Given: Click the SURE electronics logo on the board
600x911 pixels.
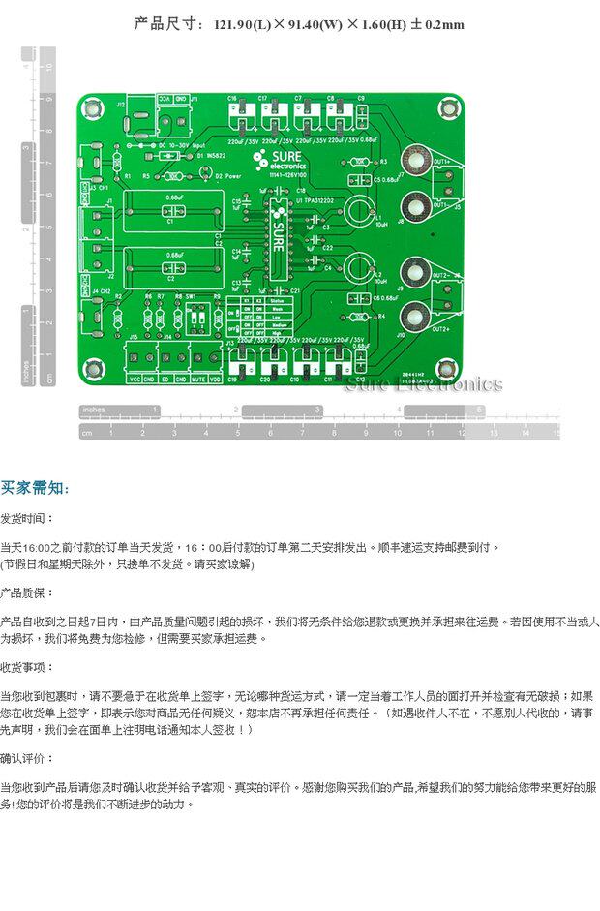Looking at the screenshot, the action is coord(280,161).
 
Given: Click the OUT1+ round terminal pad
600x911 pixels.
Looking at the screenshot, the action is coord(416,160).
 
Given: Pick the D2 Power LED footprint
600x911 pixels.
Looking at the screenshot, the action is coord(206,170).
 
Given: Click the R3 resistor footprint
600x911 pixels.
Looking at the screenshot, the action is coord(367,162).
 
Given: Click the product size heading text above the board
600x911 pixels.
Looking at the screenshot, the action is coord(299,24).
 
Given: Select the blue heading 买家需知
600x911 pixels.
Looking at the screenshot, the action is coord(35,488).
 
